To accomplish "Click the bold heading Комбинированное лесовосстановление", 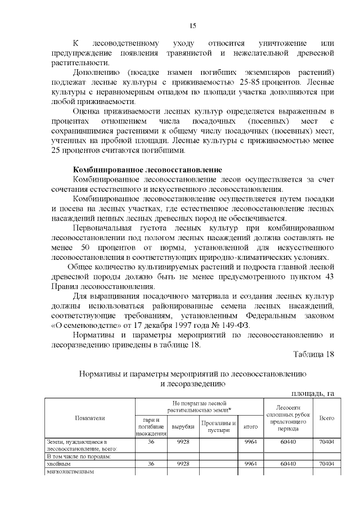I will point(148,170).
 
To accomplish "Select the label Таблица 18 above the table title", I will point(314,354).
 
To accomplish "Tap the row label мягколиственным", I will point(69,471).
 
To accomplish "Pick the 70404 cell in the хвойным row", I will point(327,464).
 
